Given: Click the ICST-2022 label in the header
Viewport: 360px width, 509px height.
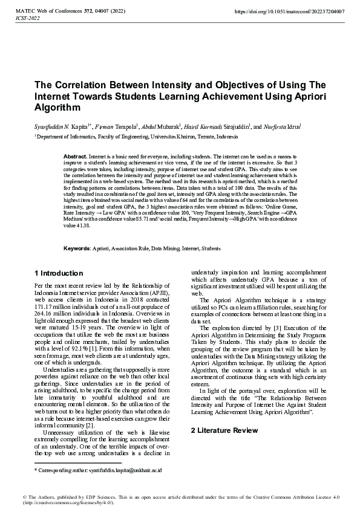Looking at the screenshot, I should coord(27,19).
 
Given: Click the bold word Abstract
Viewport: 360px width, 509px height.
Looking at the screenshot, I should coord(75,156).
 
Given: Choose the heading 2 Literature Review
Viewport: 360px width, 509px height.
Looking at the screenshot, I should coord(224,413).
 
